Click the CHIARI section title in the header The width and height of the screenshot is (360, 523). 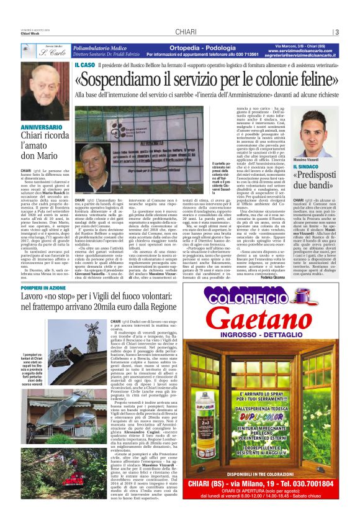click(186, 32)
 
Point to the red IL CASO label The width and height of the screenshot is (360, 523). click(84, 64)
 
